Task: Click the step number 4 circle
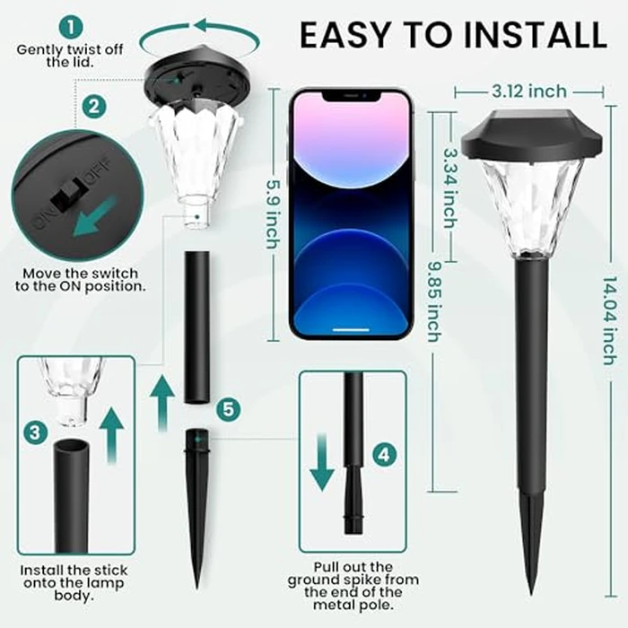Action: point(384,454)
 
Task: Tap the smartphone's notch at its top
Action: point(351,94)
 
